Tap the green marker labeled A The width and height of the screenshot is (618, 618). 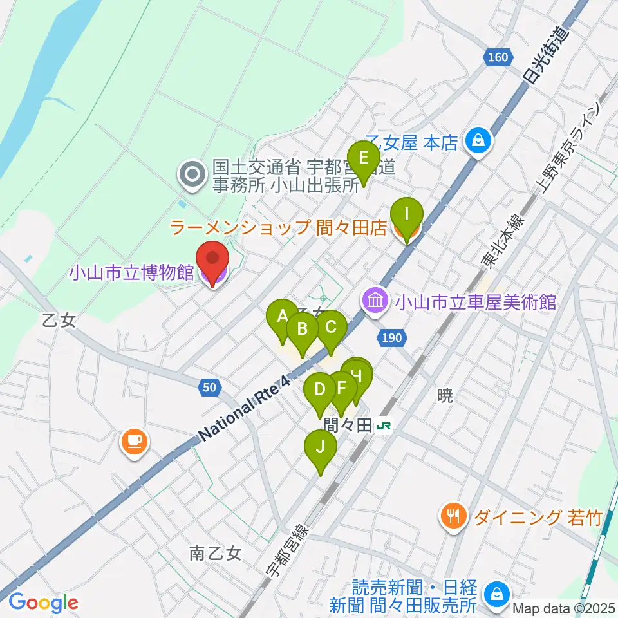[x=282, y=317]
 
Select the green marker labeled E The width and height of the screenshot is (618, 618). [x=363, y=158]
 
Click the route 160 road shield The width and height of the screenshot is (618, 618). [x=498, y=58]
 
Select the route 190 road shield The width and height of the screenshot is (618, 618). [x=394, y=337]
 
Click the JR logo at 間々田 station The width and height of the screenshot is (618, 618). [x=385, y=426]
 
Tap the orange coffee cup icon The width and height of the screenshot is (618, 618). [x=134, y=442]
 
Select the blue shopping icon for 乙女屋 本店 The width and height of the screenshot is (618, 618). [x=479, y=139]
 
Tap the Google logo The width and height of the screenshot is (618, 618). [x=43, y=603]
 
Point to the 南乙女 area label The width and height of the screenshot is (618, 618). [x=215, y=553]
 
